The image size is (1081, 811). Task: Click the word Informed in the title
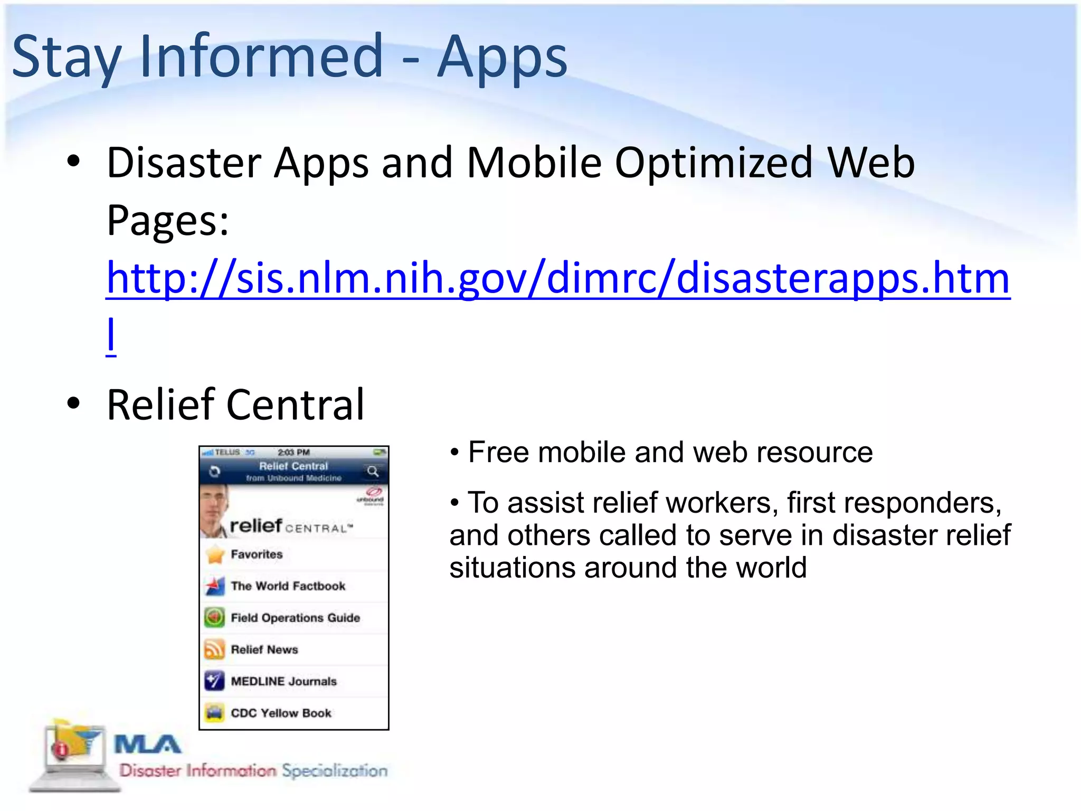point(261,55)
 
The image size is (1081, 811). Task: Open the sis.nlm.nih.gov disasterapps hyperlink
point(557,278)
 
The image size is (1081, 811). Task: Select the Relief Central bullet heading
point(235,404)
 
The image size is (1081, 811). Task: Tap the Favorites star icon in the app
point(215,554)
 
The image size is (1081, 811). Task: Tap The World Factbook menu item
point(288,586)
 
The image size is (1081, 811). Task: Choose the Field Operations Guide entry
point(295,618)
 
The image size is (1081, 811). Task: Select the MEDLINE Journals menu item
point(283,681)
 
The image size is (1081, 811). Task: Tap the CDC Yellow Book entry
point(281,713)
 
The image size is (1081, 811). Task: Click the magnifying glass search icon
point(373,471)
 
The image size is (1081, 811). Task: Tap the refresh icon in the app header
point(214,471)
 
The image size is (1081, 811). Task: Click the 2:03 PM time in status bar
point(293,452)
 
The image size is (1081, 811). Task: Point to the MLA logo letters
point(148,744)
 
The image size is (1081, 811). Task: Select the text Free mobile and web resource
point(670,452)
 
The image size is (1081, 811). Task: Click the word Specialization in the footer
point(335,770)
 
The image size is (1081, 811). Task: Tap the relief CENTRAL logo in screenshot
point(290,526)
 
